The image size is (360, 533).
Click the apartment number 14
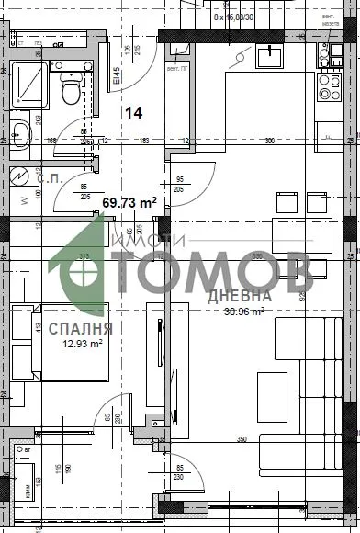tap(134, 112)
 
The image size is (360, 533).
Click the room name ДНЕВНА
tap(239, 296)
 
